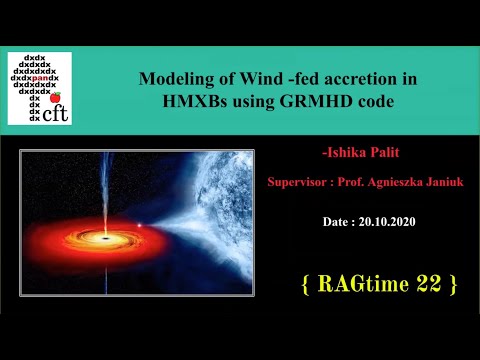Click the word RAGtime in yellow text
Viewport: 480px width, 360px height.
pyautogui.click(x=362, y=284)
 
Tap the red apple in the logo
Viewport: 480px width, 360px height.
pyautogui.click(x=56, y=97)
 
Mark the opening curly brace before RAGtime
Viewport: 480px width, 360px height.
pyautogui.click(x=305, y=284)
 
